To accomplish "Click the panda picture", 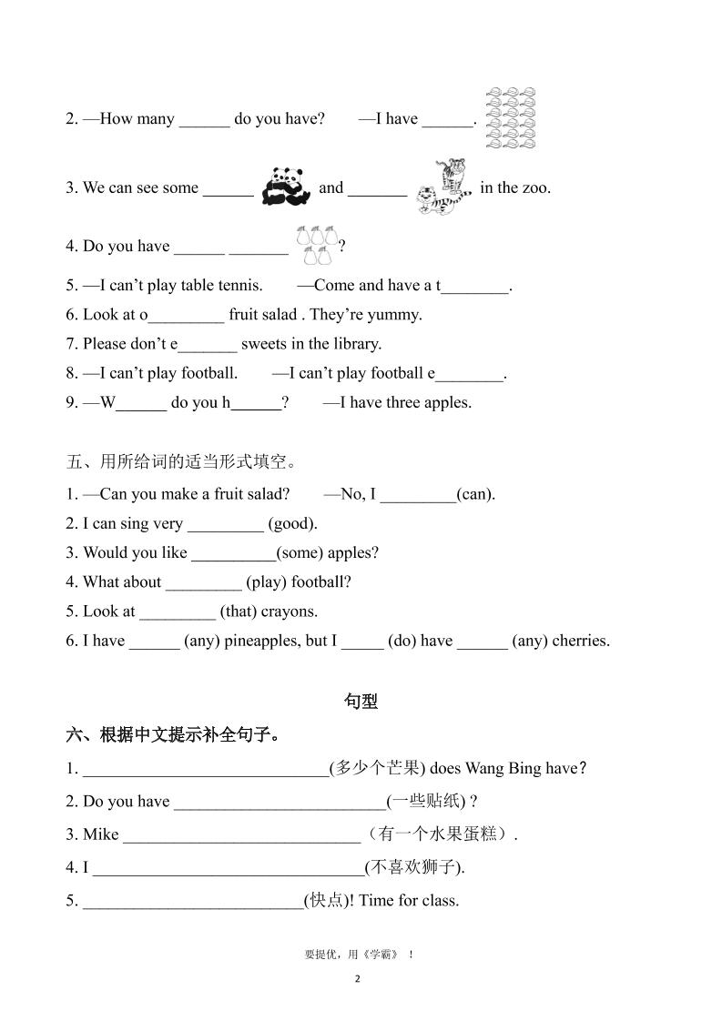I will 286,187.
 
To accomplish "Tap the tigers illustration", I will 442,187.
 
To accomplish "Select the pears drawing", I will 314,244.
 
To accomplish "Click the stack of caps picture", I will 509,118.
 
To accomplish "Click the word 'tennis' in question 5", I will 239,285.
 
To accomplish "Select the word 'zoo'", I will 534,187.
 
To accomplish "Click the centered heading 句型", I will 361,701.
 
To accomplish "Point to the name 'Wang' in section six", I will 486,768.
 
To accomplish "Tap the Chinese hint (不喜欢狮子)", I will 413,867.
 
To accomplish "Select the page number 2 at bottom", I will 358,979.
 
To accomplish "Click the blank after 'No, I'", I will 418,494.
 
